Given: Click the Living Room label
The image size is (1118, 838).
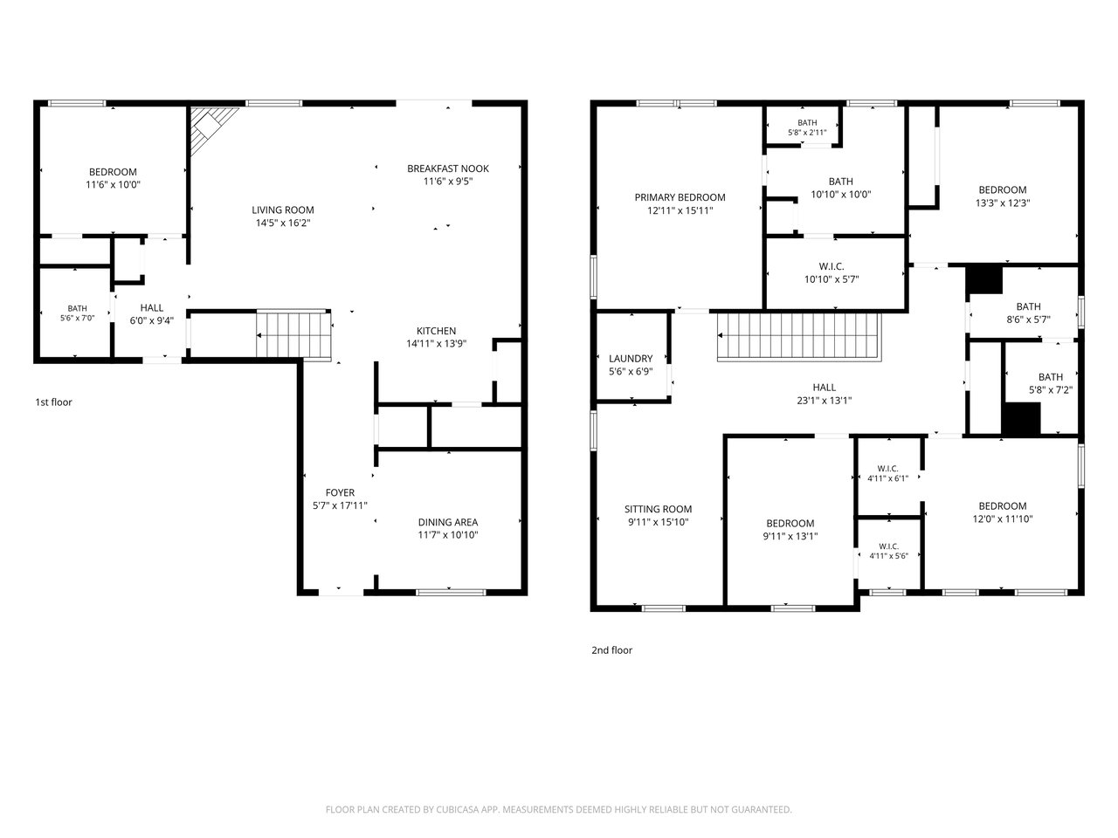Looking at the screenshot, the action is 283,209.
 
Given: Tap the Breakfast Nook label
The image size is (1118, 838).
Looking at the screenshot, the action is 448,168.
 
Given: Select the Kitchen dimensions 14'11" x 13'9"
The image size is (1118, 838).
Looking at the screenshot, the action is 436,343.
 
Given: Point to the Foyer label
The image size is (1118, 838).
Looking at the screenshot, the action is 340,492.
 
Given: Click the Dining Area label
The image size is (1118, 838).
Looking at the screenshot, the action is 448,522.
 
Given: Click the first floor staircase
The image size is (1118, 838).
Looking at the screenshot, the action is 293,335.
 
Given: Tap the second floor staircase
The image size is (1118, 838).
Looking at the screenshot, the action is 799,337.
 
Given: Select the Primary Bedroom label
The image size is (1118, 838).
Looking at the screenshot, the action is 680,197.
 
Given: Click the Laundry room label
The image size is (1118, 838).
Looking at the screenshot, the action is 631,358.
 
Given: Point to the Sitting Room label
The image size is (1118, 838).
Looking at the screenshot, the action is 658,509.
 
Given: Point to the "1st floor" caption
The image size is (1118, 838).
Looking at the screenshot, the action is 53,402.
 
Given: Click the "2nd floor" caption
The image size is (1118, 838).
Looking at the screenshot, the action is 611,649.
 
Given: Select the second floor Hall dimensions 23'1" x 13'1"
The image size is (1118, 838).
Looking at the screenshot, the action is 825,401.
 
